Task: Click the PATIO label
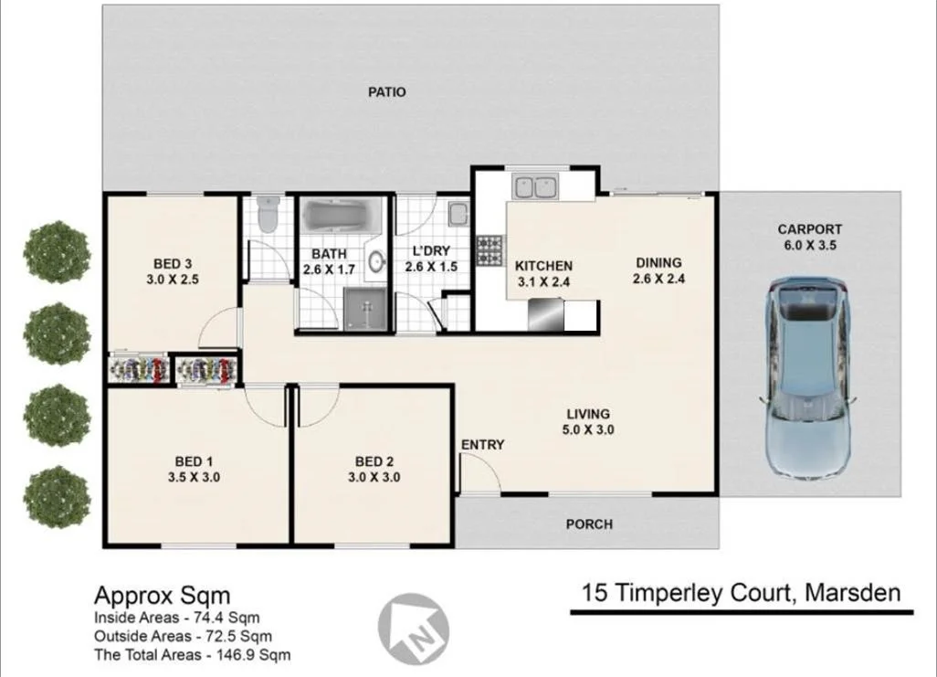[x=386, y=92]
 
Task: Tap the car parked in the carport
[x=808, y=376]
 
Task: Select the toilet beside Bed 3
[x=267, y=215]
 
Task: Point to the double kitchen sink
[x=534, y=187]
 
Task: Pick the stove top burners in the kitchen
[x=490, y=250]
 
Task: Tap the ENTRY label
[x=483, y=445]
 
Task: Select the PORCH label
[x=589, y=524]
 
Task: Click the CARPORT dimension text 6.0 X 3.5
[x=810, y=245]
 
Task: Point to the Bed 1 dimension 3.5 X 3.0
[x=195, y=477]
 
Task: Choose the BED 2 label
[x=374, y=461]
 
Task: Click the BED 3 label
[x=173, y=264]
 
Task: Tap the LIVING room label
[x=589, y=414]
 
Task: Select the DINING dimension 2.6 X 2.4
[x=659, y=279]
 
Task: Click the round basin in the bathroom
[x=376, y=261]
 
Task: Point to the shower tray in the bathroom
[x=365, y=309]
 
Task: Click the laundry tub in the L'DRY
[x=459, y=214]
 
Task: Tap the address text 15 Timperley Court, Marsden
[x=741, y=593]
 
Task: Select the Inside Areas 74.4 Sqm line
[x=177, y=618]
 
